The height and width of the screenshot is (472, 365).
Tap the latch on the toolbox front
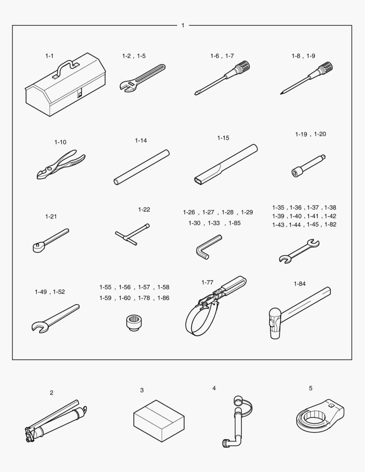pyautogui.click(x=80, y=94)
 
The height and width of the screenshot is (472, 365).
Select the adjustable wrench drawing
pyautogui.click(x=142, y=77)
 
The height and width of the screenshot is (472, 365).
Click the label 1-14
pyautogui.click(x=141, y=141)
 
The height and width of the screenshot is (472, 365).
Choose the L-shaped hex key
pyautogui.click(x=208, y=247)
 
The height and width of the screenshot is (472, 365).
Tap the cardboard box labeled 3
pyautogui.click(x=159, y=420)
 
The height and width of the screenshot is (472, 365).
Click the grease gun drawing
pyautogui.click(x=56, y=421)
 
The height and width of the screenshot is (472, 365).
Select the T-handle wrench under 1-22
pyautogui.click(x=132, y=234)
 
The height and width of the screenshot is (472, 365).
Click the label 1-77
pyautogui.click(x=207, y=282)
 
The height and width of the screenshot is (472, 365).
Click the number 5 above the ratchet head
pyautogui.click(x=310, y=389)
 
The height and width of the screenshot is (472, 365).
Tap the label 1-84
pyautogui.click(x=299, y=284)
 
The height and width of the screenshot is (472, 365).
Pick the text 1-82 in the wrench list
pyautogui.click(x=330, y=225)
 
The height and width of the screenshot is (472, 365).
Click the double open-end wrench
pyautogui.click(x=299, y=251)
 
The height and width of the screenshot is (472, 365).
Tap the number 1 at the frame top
pyautogui.click(x=183, y=26)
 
